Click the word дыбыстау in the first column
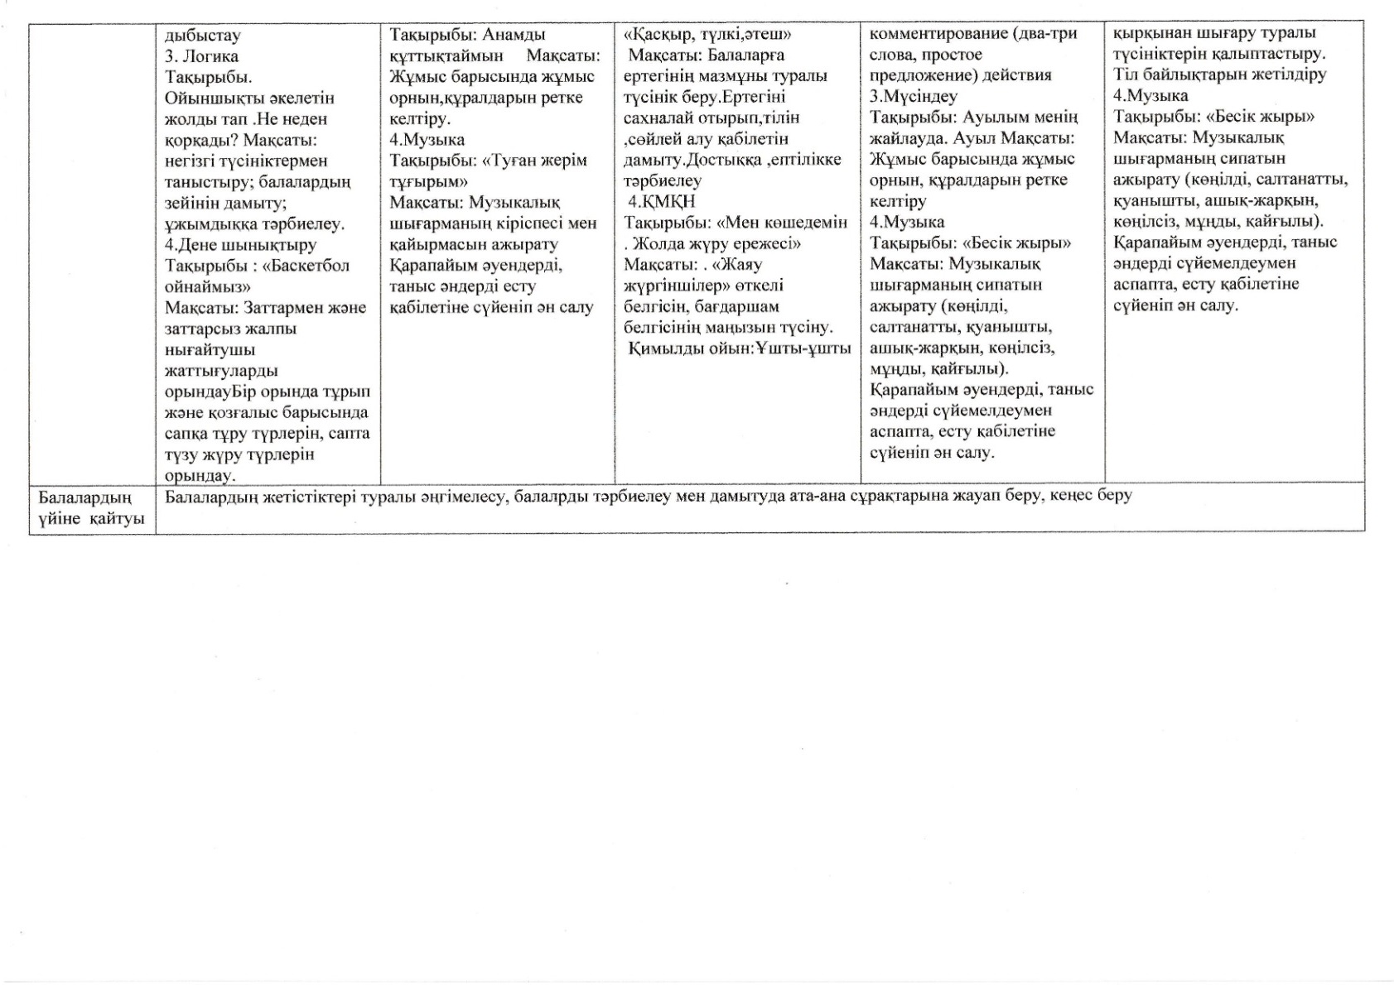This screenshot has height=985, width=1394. [x=202, y=36]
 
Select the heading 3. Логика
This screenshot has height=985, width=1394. [x=201, y=56]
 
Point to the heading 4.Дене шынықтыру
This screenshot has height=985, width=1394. [x=240, y=244]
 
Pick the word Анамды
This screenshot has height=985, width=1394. [x=514, y=35]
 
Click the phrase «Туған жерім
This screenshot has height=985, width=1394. [x=534, y=161]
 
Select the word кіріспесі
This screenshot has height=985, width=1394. [x=527, y=223]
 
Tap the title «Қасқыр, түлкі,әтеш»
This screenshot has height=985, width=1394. [x=707, y=35]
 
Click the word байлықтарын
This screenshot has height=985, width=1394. [x=1189, y=74]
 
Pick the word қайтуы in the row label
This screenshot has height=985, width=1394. [x=116, y=518]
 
